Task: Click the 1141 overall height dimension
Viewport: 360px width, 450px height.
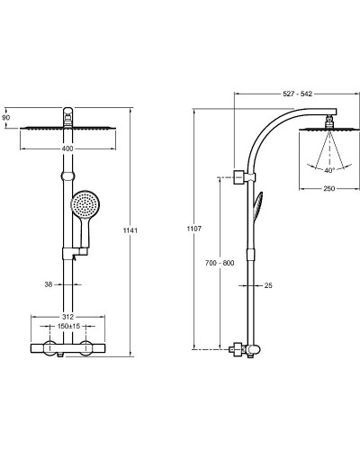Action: (x=130, y=230)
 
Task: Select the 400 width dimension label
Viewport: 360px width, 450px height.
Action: (x=67, y=148)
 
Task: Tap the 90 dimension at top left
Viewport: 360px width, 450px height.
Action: (x=6, y=118)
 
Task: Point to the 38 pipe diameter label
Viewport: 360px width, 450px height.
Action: (x=49, y=284)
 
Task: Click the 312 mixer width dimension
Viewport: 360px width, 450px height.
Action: (x=68, y=317)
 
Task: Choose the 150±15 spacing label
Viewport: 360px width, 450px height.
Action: (x=68, y=326)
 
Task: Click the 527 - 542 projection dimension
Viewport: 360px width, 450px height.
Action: (x=298, y=94)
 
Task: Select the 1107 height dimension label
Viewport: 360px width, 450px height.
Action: (x=194, y=229)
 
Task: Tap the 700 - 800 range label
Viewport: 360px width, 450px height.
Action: (x=220, y=263)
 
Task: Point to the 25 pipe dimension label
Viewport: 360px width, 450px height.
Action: (x=268, y=285)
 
